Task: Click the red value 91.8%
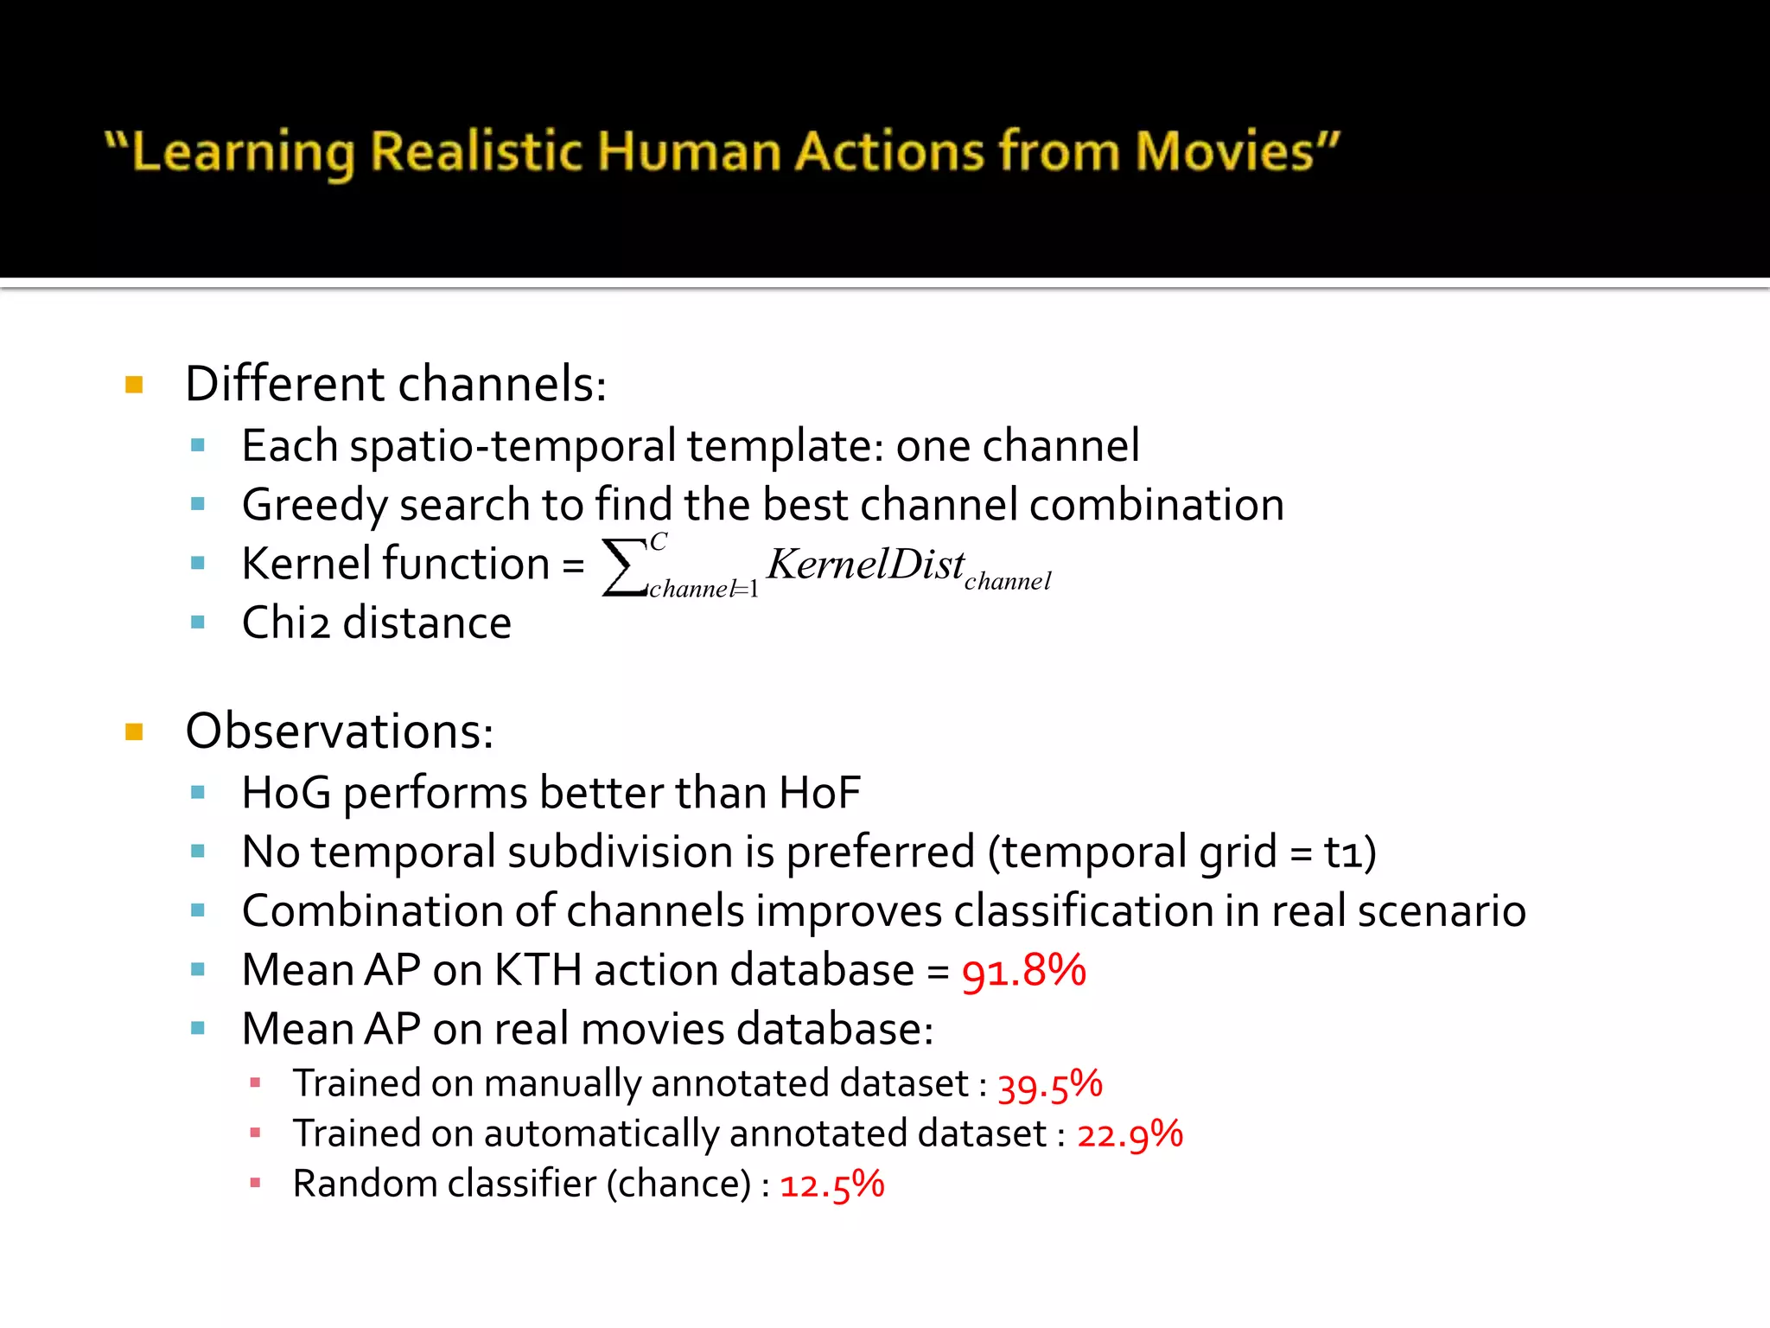pos(1023,970)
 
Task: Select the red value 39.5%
pos(1050,1085)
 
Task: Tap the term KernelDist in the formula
pos(865,565)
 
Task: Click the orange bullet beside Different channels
pos(134,385)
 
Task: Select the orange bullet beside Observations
pos(134,733)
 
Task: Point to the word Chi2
pos(285,623)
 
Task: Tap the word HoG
pos(286,793)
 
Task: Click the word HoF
pos(819,793)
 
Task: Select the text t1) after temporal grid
pos(1349,852)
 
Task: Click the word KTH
pos(538,970)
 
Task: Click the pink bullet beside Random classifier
pos(255,1184)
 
